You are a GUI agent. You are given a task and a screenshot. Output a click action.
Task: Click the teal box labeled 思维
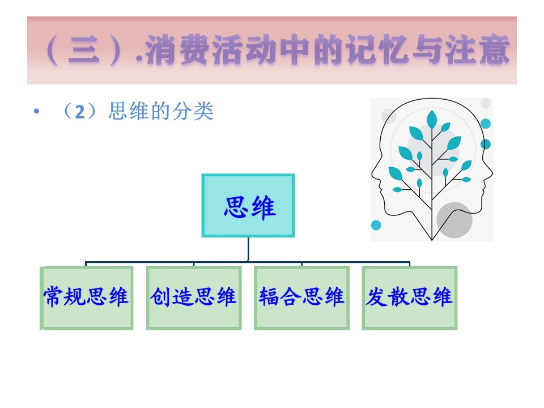[248, 206]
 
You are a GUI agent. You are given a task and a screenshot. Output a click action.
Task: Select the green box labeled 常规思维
[87, 297]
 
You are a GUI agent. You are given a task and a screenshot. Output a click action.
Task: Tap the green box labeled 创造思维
[194, 297]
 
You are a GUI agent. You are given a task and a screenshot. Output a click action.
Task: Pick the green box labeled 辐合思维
[302, 297]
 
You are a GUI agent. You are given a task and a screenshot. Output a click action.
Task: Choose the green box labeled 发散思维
[410, 297]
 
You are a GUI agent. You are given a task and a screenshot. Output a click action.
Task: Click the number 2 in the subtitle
[80, 112]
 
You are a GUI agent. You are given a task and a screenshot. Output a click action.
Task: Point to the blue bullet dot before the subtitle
[36, 112]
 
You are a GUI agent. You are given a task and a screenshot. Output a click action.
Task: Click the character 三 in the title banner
[84, 50]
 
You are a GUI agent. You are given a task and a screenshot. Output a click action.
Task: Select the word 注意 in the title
[478, 50]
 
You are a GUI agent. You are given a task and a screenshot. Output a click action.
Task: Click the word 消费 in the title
[177, 50]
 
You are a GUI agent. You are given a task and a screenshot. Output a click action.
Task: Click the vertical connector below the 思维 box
[248, 249]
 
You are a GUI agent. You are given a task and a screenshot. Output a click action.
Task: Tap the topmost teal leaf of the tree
[432, 120]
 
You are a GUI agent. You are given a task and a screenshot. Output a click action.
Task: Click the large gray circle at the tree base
[454, 220]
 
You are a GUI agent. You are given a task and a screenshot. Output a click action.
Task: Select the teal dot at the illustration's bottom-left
[376, 225]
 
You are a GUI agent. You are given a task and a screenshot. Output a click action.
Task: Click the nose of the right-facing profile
[491, 173]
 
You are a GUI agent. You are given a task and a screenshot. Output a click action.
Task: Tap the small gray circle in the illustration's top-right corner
[486, 103]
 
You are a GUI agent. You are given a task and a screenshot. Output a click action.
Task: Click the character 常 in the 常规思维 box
[53, 297]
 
